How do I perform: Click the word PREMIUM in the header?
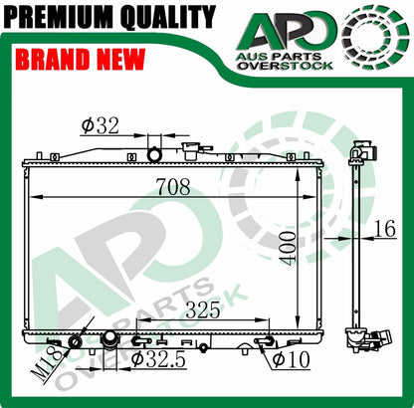coord(60,16)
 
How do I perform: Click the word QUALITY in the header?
coord(168,16)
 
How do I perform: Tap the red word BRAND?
coord(53,60)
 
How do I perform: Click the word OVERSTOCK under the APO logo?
coord(286,66)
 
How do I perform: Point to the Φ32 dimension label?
coord(101,126)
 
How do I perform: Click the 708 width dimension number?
coord(173,186)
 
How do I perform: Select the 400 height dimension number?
coord(288,249)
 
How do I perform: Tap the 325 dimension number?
coord(203,310)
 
